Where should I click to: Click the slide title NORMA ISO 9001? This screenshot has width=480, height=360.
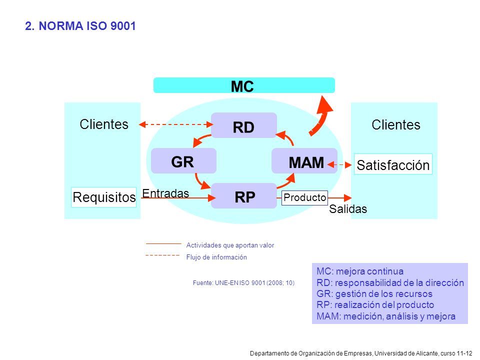click(x=80, y=26)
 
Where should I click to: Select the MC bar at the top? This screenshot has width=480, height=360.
click(x=244, y=85)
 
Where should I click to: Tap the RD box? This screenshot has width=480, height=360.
click(x=244, y=125)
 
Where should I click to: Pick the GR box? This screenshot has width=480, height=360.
click(x=183, y=161)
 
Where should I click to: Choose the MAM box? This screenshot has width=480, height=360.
click(x=304, y=161)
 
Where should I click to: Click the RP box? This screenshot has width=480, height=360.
click(x=244, y=196)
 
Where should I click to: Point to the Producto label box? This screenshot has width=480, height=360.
click(x=304, y=197)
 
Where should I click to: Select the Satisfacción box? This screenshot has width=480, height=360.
click(x=393, y=164)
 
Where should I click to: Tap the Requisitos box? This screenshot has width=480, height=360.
click(x=104, y=197)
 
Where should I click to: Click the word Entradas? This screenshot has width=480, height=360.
click(x=165, y=193)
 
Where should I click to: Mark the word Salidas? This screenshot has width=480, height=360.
click(x=348, y=209)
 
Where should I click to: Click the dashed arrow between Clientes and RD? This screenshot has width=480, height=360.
click(x=175, y=124)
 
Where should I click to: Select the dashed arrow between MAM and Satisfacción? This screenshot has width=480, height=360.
click(x=339, y=164)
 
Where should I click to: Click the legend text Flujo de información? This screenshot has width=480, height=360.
click(x=216, y=257)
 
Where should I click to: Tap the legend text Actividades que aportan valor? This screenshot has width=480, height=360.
click(x=230, y=245)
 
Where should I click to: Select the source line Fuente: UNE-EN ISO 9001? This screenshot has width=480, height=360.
click(x=243, y=283)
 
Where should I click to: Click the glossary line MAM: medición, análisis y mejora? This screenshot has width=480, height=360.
click(x=386, y=316)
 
